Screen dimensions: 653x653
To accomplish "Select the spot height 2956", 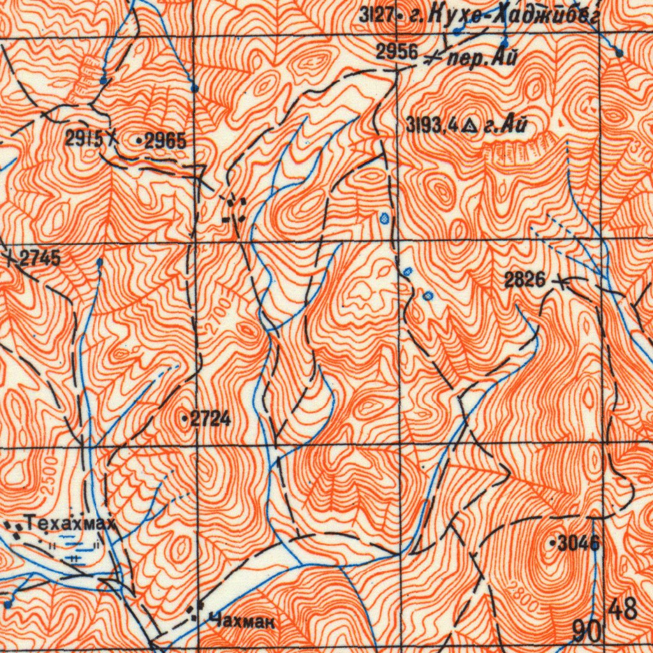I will click(x=396, y=53).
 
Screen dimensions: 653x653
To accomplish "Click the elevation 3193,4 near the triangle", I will click(x=432, y=126).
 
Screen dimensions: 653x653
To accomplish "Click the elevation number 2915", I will click(x=84, y=137).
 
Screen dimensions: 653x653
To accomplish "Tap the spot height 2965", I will click(x=165, y=141).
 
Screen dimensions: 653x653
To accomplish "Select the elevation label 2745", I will click(x=40, y=258).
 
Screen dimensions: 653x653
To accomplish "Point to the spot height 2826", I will click(x=524, y=279).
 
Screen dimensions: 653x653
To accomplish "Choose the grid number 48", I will click(x=622, y=609).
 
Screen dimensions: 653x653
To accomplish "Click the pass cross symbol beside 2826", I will click(x=561, y=280).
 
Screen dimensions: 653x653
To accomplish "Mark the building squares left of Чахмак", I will click(x=194, y=613).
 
